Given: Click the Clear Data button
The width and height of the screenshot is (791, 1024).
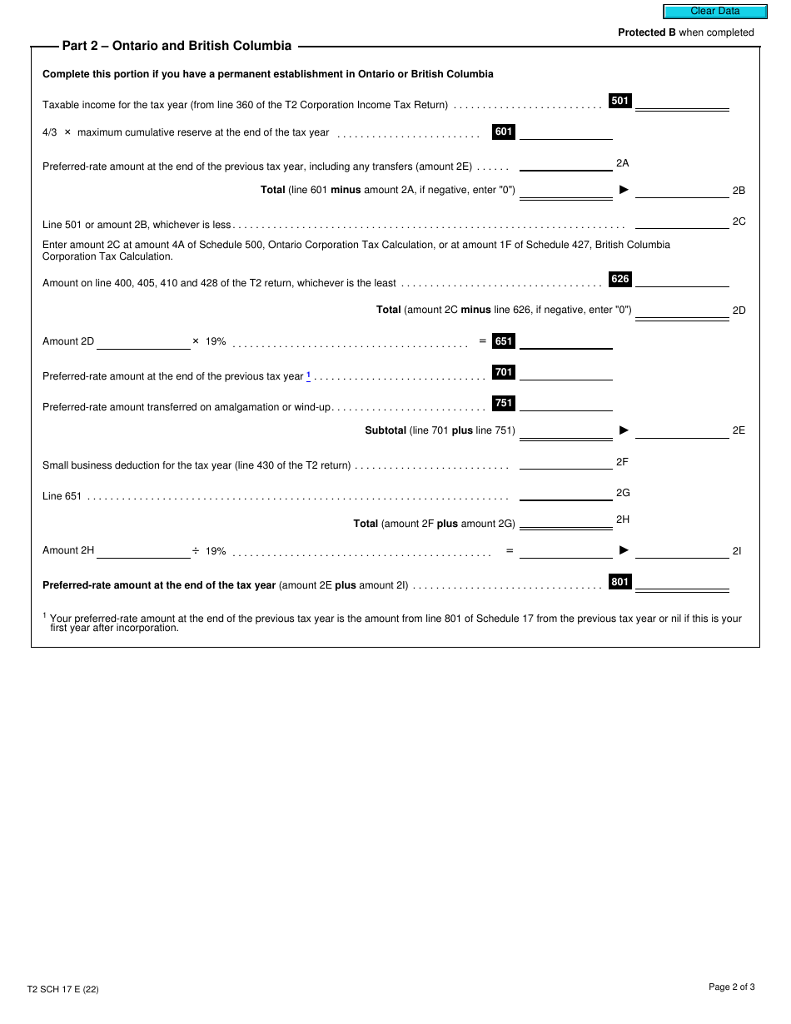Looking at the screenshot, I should [714, 12].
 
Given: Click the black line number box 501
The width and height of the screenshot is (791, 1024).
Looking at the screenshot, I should [620, 101].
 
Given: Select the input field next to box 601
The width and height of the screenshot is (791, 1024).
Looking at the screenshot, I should [565, 132].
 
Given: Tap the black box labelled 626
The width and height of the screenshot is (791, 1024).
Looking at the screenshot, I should [620, 279].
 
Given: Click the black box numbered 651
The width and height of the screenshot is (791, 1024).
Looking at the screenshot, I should [504, 341].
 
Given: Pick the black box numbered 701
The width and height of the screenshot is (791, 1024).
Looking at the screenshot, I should [504, 372].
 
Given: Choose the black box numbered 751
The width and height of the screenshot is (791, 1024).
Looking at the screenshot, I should [504, 403].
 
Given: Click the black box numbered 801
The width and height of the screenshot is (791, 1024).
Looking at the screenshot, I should [620, 582].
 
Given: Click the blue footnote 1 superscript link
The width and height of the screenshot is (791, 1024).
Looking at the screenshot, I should [308, 375].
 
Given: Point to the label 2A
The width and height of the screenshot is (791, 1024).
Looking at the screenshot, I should [622, 163].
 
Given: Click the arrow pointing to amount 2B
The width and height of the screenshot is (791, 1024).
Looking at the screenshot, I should [624, 190].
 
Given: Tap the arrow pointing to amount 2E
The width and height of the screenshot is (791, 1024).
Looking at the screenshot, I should [624, 430].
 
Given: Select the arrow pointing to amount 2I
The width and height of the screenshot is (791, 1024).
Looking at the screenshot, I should [624, 549].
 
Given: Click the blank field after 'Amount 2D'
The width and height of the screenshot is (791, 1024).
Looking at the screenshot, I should [143, 341].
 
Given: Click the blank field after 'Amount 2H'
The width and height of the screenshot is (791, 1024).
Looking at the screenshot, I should [143, 550].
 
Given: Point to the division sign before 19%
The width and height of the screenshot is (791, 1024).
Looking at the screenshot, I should [196, 550].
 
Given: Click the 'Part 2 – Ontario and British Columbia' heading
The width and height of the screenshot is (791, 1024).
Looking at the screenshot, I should [177, 46].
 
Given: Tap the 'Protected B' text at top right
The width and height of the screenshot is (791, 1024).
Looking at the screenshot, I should [646, 32].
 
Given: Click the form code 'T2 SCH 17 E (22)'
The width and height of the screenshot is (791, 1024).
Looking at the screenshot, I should [62, 989].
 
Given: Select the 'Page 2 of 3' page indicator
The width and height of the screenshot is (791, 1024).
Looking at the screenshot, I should [731, 987].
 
